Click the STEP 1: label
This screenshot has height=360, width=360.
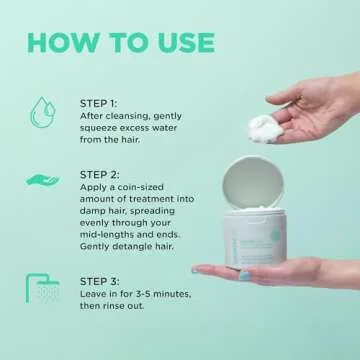point(99,102)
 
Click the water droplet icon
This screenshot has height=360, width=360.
point(41,110)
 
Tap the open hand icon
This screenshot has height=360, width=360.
point(41,180)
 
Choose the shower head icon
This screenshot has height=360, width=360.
point(41,290)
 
